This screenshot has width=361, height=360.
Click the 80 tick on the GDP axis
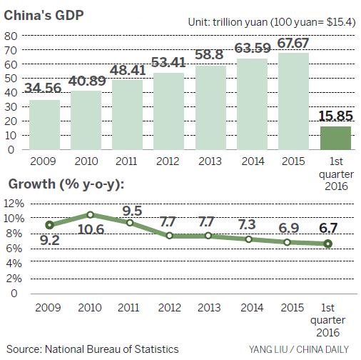click(11, 36)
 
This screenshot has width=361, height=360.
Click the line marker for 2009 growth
click(49, 225)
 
